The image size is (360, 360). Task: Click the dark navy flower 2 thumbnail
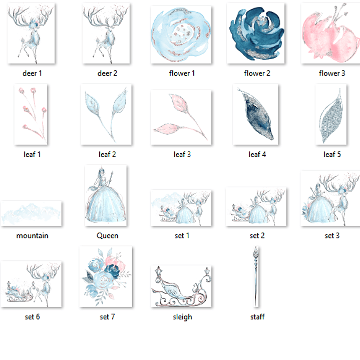point(255,33)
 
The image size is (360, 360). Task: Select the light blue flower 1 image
point(181,35)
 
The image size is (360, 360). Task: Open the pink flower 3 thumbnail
point(330,33)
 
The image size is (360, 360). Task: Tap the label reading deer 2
point(107,73)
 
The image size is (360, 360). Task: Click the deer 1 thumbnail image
point(31,33)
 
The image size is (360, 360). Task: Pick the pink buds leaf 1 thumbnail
point(31,114)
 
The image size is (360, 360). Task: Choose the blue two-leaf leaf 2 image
point(106,114)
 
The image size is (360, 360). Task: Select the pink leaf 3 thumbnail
point(181,117)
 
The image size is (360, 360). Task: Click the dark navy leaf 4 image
point(255,114)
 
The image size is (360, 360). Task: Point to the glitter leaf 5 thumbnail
point(331,114)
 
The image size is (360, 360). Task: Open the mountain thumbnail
point(31,213)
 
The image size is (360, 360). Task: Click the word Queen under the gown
point(107,235)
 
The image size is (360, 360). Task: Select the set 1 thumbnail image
point(181,208)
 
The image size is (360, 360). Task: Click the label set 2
point(257,235)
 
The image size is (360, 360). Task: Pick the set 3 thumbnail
point(330,198)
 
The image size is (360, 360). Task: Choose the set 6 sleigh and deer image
point(31,284)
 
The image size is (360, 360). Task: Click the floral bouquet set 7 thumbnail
point(106,277)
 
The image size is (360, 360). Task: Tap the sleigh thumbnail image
point(181,286)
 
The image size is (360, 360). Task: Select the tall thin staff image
point(256,277)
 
